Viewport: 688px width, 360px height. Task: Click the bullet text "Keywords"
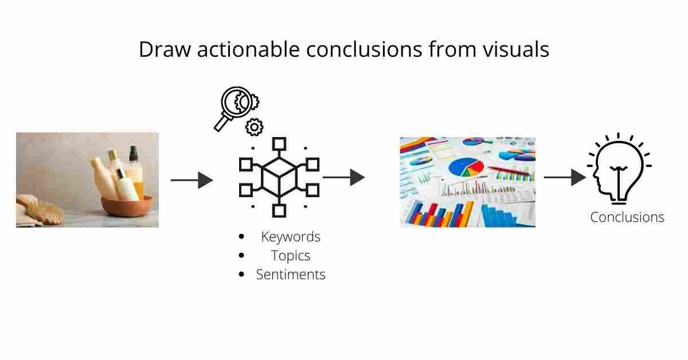(291, 237)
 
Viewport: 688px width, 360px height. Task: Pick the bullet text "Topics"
(291, 256)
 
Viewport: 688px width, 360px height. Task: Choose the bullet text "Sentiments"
(291, 275)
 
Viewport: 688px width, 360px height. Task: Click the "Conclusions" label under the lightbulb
(627, 217)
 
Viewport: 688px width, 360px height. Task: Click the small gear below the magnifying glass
(253, 127)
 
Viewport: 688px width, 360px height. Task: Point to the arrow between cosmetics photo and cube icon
(192, 180)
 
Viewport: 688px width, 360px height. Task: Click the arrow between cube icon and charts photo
(344, 177)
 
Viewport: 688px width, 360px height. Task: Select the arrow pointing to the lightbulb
(565, 177)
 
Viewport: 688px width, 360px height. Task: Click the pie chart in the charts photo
(466, 167)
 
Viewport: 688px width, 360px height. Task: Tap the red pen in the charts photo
(508, 170)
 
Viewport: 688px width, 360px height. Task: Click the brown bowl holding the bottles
(127, 206)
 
